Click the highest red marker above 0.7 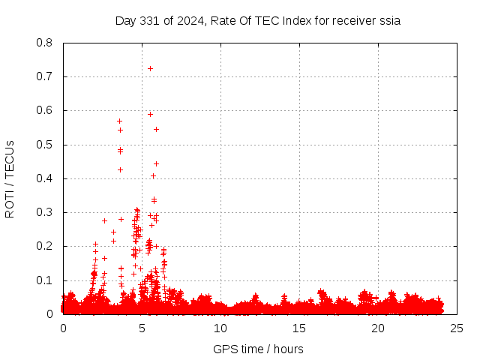(x=150, y=68)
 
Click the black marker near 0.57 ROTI (x=119, y=121)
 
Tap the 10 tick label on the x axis (x=220, y=328)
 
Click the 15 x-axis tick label (x=299, y=328)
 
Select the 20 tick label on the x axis (x=378, y=328)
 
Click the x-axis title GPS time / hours (x=258, y=349)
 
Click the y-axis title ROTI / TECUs (x=10, y=178)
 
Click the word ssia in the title (x=389, y=20)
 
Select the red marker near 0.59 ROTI (x=150, y=114)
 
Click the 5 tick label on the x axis (x=142, y=328)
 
